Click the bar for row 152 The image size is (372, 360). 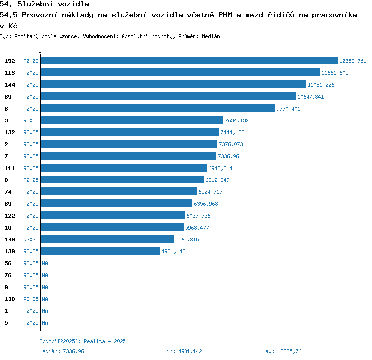[x=188, y=61]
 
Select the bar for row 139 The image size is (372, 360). [x=100, y=251]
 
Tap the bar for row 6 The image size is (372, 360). [x=157, y=109]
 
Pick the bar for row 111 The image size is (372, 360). [x=124, y=168]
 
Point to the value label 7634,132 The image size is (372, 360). [x=237, y=120]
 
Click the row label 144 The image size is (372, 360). [x=10, y=85]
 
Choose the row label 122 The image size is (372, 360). [x=10, y=216]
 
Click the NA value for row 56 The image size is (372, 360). [x=45, y=263]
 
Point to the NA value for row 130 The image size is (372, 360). [x=45, y=299]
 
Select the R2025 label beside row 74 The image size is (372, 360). [x=31, y=192]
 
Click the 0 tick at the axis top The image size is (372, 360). [x=40, y=51]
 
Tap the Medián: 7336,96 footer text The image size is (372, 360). [x=62, y=351]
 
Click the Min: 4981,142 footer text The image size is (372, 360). [x=183, y=351]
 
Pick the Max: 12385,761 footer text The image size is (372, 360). [x=283, y=351]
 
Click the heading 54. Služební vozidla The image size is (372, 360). [x=45, y=4]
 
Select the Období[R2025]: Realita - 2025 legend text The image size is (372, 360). [x=82, y=341]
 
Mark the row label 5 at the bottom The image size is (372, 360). [x=6, y=323]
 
